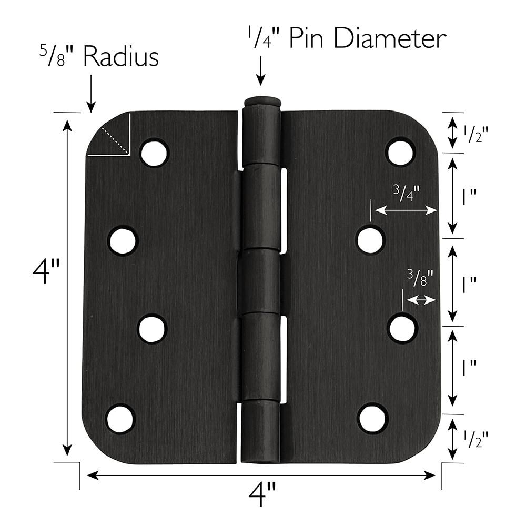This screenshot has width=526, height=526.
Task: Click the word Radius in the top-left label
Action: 121,57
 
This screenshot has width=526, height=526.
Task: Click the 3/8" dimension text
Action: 420,278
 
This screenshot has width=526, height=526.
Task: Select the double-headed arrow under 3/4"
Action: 406,210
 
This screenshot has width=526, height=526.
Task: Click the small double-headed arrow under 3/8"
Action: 422,300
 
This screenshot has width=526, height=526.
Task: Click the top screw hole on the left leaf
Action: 154,153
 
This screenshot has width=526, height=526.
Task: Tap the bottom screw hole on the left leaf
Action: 120,419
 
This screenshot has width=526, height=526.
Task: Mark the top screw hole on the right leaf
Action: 401,151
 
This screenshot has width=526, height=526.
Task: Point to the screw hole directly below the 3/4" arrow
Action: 371,239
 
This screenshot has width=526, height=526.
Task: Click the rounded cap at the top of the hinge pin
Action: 261,101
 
